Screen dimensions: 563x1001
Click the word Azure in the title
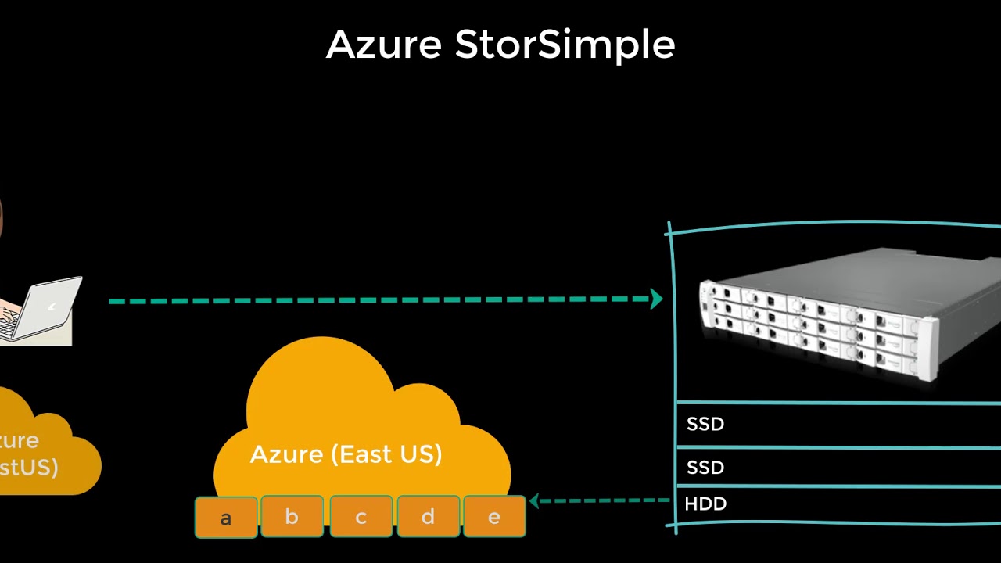point(383,45)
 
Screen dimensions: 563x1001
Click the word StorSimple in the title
point(565,45)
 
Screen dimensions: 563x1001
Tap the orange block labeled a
point(226,518)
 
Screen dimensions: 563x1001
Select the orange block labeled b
point(292,517)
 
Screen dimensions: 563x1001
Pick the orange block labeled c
point(361,518)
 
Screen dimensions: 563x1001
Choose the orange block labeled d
point(428,518)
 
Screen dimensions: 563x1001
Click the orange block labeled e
point(494,518)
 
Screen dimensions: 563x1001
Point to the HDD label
point(705,504)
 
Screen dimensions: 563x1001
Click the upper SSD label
point(705,425)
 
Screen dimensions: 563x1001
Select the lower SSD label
point(705,468)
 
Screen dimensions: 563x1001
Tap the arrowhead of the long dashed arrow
point(657,299)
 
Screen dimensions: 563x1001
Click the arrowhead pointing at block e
point(535,500)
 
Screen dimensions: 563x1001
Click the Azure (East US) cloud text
point(346,454)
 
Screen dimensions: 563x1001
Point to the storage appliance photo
point(845,313)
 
